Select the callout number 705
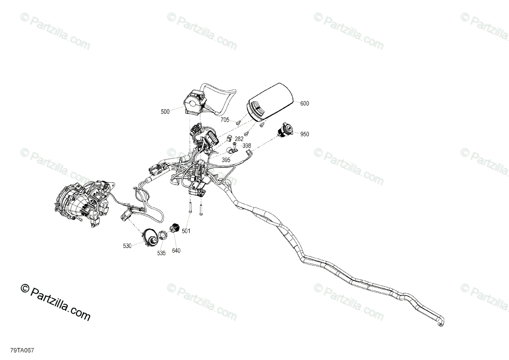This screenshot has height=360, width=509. point(225,120)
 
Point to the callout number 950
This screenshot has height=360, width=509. point(305,134)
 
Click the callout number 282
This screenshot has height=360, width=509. point(239,139)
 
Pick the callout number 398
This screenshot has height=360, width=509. point(247,146)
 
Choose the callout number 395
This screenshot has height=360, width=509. point(227,160)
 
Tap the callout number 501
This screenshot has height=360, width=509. point(186,231)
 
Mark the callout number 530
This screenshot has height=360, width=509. point(127,245)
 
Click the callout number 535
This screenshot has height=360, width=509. point(161,253)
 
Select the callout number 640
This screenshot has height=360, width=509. point(176,251)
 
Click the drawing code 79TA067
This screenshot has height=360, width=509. point(22,351)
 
